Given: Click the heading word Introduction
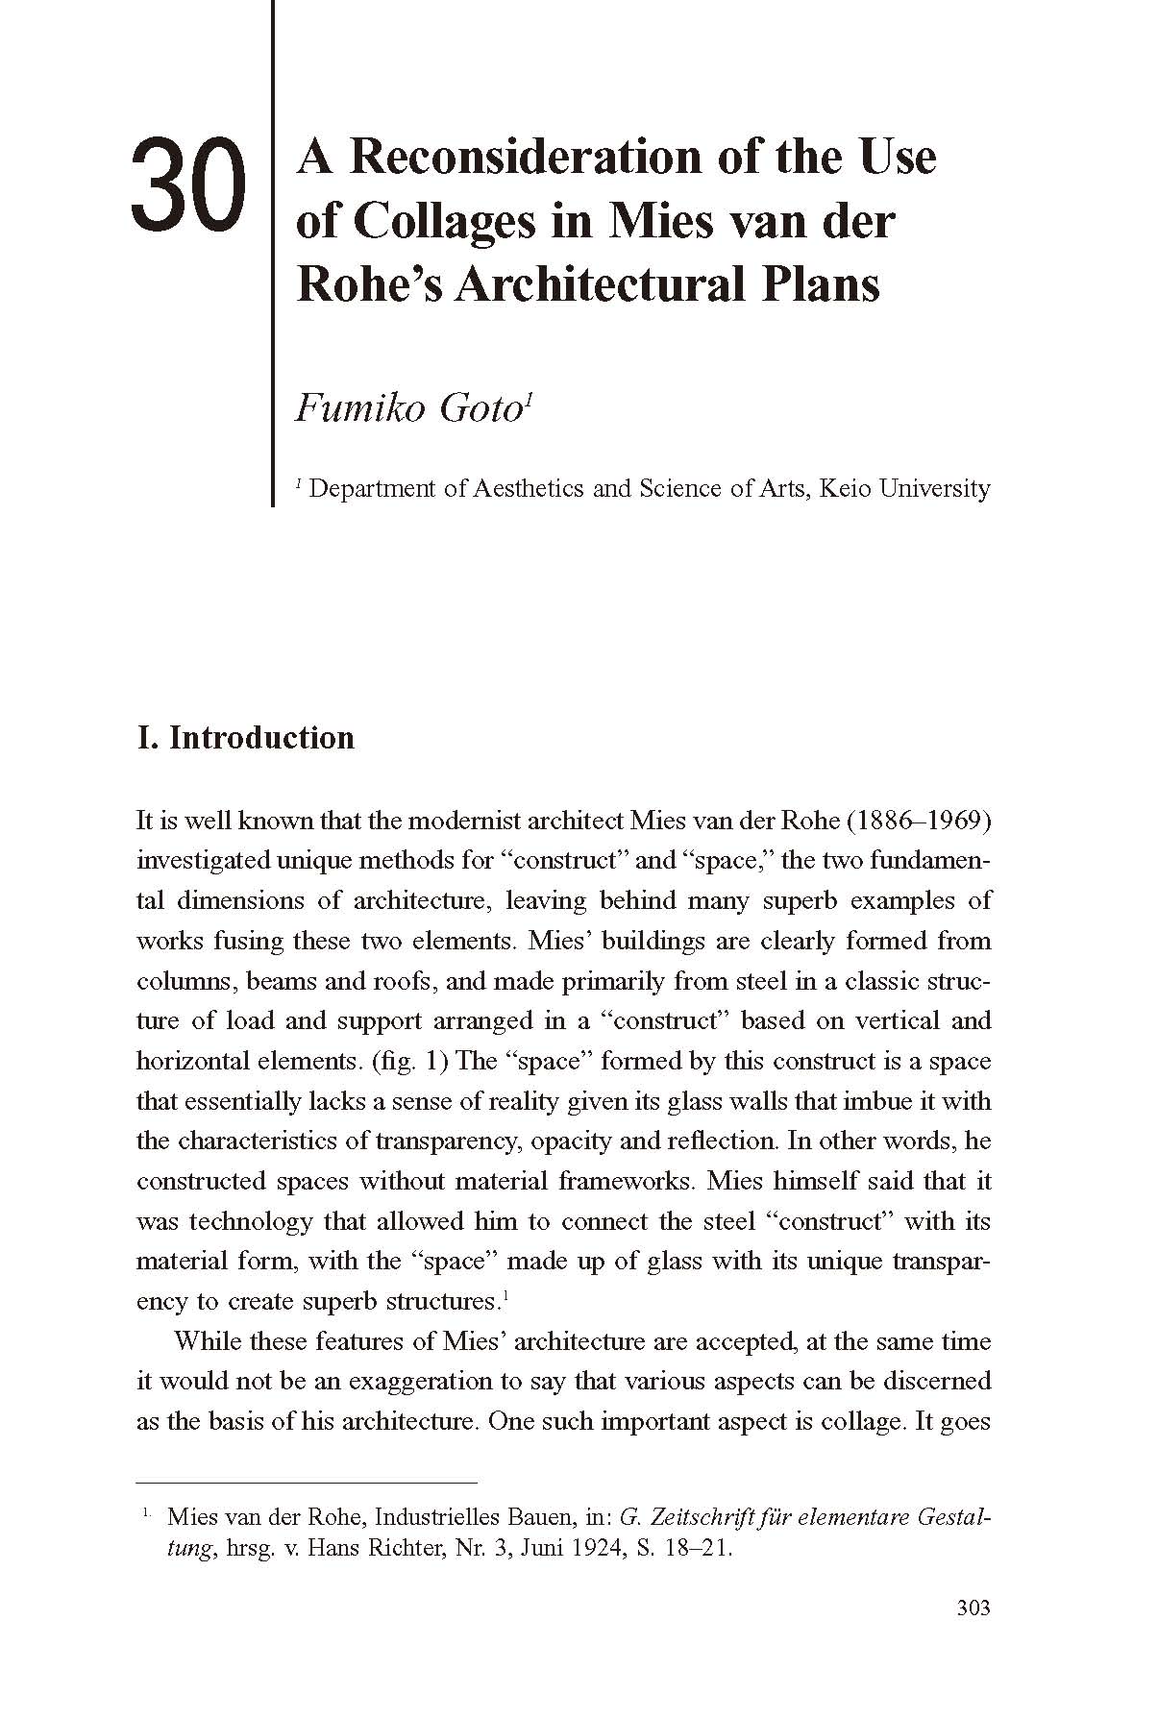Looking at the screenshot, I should [261, 738].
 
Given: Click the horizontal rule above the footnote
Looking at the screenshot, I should [307, 1483].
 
